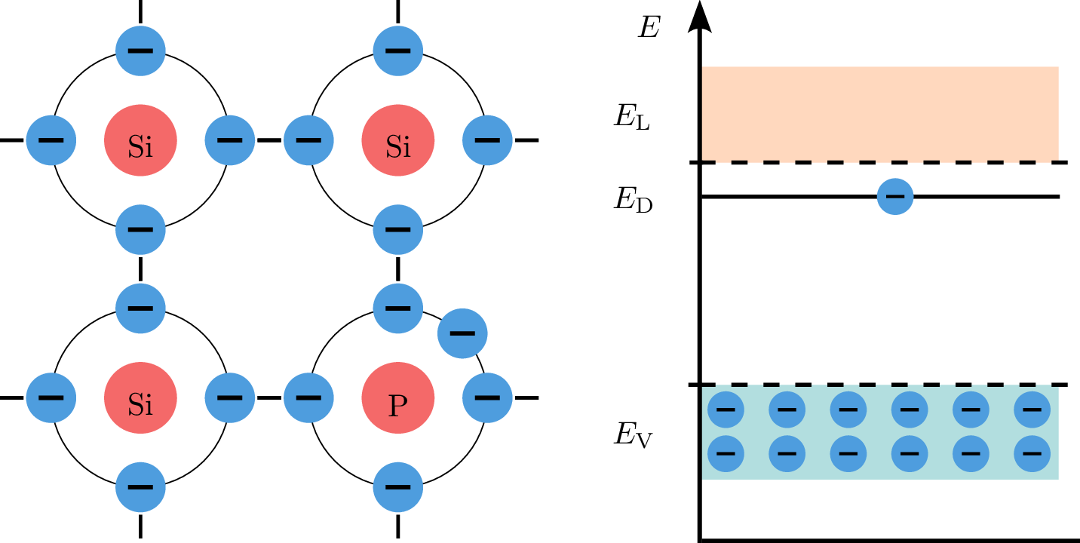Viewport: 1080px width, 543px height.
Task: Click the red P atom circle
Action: click(x=397, y=397)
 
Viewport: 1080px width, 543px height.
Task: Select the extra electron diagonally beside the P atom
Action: click(x=462, y=333)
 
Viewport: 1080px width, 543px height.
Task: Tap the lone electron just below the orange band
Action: click(x=895, y=196)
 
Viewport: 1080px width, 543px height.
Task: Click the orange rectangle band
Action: click(x=880, y=113)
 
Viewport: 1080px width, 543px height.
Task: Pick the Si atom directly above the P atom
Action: click(x=397, y=140)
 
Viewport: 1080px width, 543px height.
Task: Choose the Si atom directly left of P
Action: click(x=140, y=397)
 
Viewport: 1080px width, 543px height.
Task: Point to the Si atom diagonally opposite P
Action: click(x=140, y=140)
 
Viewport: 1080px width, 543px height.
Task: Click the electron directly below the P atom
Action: click(x=397, y=487)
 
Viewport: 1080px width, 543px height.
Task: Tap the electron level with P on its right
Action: click(x=487, y=397)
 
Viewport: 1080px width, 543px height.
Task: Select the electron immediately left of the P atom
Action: click(x=308, y=397)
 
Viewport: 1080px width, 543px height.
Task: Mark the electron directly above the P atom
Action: click(x=397, y=308)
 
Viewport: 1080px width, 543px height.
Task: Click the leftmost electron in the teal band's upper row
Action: click(x=726, y=410)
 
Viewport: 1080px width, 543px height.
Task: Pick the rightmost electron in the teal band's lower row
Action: click(x=1032, y=453)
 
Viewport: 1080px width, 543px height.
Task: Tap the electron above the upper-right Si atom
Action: click(x=397, y=51)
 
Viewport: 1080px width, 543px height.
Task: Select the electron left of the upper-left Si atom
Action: click(x=51, y=140)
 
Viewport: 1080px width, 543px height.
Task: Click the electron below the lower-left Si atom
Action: click(x=140, y=487)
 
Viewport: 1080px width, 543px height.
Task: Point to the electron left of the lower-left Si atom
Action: click(x=51, y=397)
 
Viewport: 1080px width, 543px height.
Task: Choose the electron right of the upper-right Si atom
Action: click(x=487, y=140)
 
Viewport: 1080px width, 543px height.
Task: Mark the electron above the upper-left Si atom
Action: click(x=140, y=51)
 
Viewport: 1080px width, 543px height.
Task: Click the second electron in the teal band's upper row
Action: click(x=787, y=410)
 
